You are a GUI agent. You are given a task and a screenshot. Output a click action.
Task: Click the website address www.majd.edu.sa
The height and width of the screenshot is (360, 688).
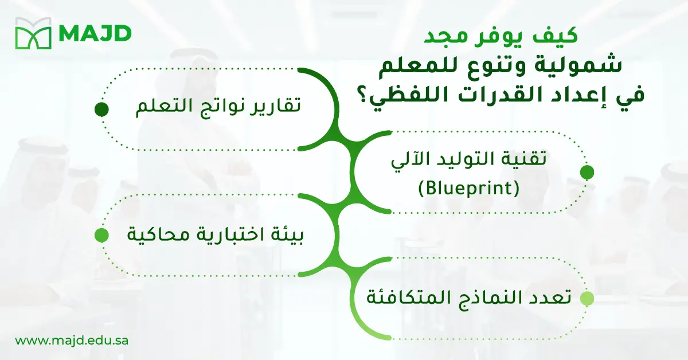tap(72, 340)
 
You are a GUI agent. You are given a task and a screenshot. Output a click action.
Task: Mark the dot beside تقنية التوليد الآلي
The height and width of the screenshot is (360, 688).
tap(587, 172)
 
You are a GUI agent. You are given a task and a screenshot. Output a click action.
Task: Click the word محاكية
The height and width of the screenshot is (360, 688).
tap(154, 235)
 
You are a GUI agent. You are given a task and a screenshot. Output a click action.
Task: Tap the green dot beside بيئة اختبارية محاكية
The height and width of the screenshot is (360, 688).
tap(101, 235)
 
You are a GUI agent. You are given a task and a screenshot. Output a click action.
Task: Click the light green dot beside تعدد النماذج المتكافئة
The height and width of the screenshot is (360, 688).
tap(587, 299)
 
